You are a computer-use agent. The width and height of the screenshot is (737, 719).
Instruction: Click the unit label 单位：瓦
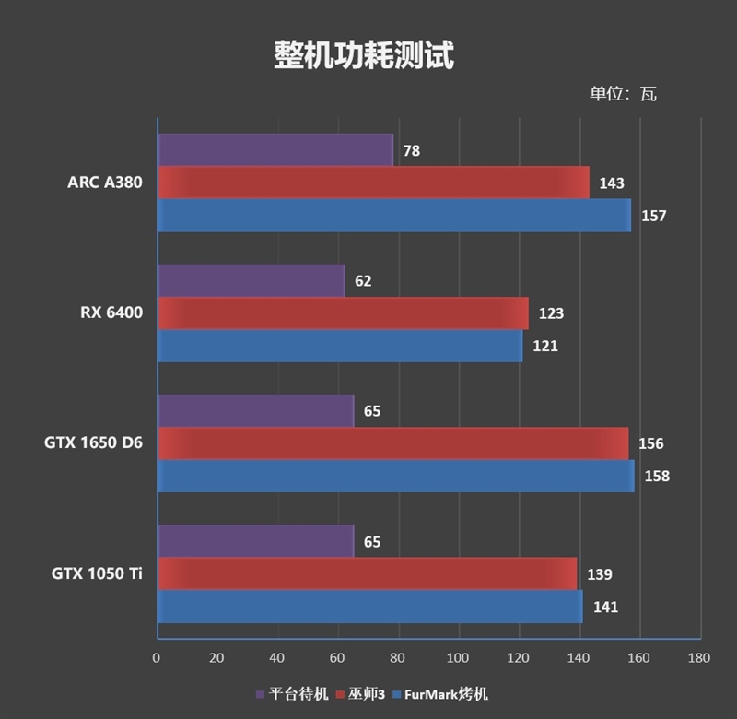click(x=623, y=94)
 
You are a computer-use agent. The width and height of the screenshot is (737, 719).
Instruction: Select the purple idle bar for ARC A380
click(x=275, y=149)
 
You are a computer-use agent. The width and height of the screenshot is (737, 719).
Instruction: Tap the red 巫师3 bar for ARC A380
click(x=373, y=183)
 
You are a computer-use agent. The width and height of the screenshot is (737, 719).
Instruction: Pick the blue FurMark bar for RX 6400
click(x=339, y=346)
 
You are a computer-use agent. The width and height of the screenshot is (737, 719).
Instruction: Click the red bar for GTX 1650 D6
click(x=392, y=443)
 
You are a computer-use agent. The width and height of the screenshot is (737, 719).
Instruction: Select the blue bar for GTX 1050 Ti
click(x=369, y=607)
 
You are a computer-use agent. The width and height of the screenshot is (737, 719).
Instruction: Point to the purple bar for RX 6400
click(x=251, y=280)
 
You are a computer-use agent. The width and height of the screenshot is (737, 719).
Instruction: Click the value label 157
click(x=653, y=216)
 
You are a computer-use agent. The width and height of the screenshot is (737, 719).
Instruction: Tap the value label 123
click(x=551, y=313)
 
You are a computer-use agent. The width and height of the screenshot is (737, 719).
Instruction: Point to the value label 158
click(x=656, y=477)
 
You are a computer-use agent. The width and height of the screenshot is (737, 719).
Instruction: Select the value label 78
click(x=411, y=150)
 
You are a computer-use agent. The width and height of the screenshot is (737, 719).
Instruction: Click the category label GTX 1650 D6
click(x=93, y=443)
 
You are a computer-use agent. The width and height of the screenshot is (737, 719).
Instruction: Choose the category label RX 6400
click(x=111, y=313)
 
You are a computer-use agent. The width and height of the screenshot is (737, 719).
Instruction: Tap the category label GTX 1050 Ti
click(x=97, y=573)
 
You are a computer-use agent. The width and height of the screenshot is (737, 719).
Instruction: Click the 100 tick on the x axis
click(x=458, y=658)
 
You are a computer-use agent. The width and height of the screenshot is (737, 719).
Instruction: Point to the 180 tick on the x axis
click(x=699, y=658)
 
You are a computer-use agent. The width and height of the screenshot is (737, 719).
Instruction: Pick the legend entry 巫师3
click(x=366, y=694)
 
